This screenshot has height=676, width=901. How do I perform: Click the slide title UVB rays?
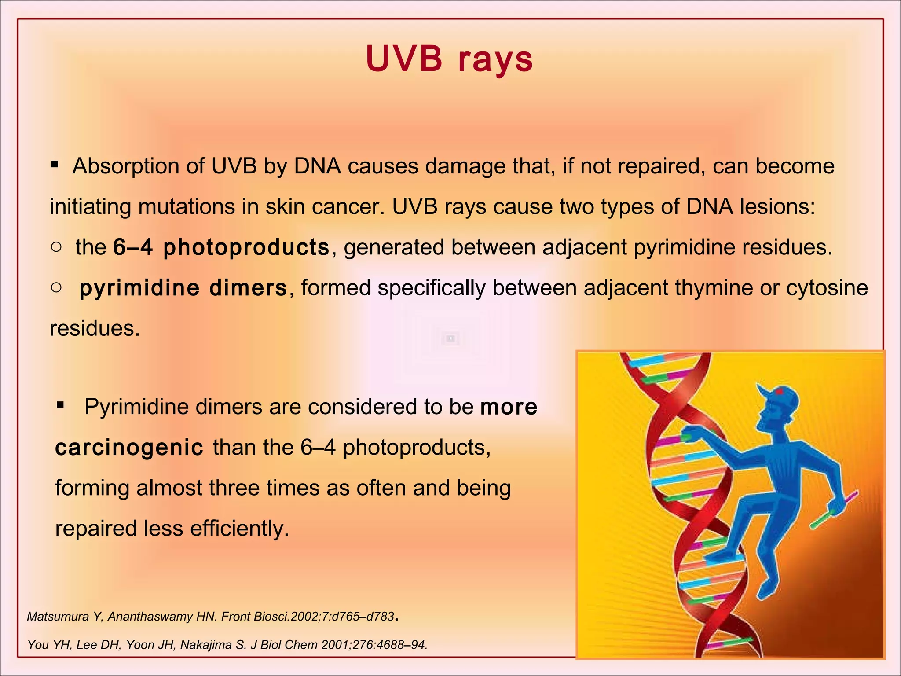click(x=449, y=59)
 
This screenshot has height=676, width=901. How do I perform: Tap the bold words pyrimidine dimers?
click(x=183, y=288)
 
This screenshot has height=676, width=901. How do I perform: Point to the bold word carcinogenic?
click(x=129, y=448)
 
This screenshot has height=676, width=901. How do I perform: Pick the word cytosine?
click(x=827, y=288)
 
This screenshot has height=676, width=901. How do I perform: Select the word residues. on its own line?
click(x=95, y=328)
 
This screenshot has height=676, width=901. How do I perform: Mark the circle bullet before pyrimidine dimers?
click(x=56, y=287)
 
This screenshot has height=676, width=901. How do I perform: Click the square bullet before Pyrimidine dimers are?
click(x=61, y=404)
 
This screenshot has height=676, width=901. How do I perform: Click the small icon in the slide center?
click(x=450, y=338)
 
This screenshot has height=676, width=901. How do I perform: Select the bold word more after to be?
click(x=509, y=407)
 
